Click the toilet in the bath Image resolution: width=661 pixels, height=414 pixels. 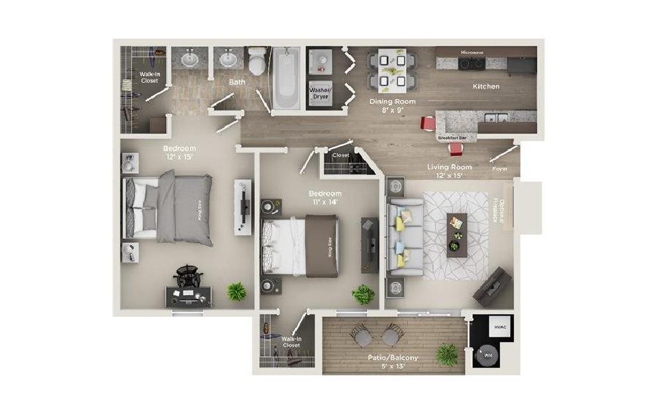tap(256, 62)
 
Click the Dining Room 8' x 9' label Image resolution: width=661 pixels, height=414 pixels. tap(392, 106)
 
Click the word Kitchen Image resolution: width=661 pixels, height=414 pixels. tap(485, 86)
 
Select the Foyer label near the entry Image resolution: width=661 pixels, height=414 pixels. tap(500, 169)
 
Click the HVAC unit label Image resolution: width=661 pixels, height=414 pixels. tap(499, 327)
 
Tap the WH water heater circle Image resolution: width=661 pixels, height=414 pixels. tap(488, 355)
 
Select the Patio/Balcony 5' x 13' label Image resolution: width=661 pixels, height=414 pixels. tap(393, 362)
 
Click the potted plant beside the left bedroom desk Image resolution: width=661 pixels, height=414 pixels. tap(235, 291)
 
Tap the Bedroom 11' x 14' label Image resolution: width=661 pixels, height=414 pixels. tap(325, 198)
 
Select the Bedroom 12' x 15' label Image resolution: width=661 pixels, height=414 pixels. tap(179, 153)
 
